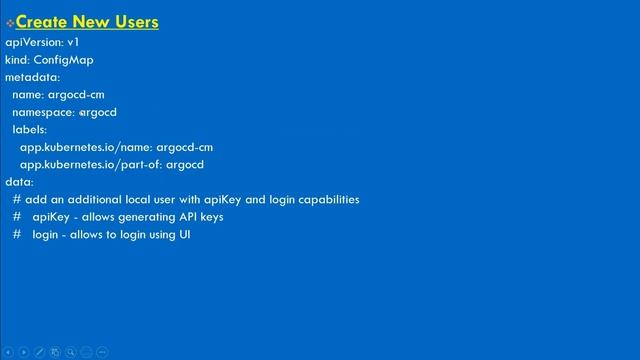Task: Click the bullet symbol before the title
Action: coord(10,22)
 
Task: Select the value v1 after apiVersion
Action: coord(73,42)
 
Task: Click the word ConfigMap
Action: coord(64,60)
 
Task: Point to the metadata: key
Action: coord(32,77)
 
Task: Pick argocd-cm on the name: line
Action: coord(76,95)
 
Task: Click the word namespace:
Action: coord(43,112)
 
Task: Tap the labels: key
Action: coord(30,130)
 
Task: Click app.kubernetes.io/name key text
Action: coord(85,147)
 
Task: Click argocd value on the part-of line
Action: coord(185,164)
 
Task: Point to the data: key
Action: coord(19,182)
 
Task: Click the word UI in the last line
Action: coord(184,234)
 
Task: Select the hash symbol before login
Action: coord(17,234)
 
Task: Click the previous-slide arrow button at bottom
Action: coord(8,352)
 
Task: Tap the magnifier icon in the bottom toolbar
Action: coord(71,352)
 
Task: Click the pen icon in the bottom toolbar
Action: coord(39,352)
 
